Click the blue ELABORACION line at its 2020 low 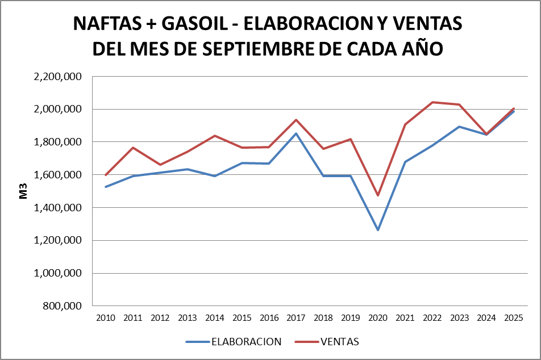[x=378, y=230]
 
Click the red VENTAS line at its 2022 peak [x=432, y=102]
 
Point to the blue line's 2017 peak [x=296, y=133]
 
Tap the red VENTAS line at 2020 [x=378, y=195]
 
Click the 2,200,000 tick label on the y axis [x=59, y=77]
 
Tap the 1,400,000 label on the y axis [x=59, y=208]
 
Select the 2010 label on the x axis [x=106, y=318]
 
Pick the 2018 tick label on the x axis [x=323, y=318]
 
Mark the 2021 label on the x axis [x=405, y=318]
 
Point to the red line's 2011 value [x=133, y=148]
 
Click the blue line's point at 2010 [x=106, y=187]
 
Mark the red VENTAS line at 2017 [x=296, y=120]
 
